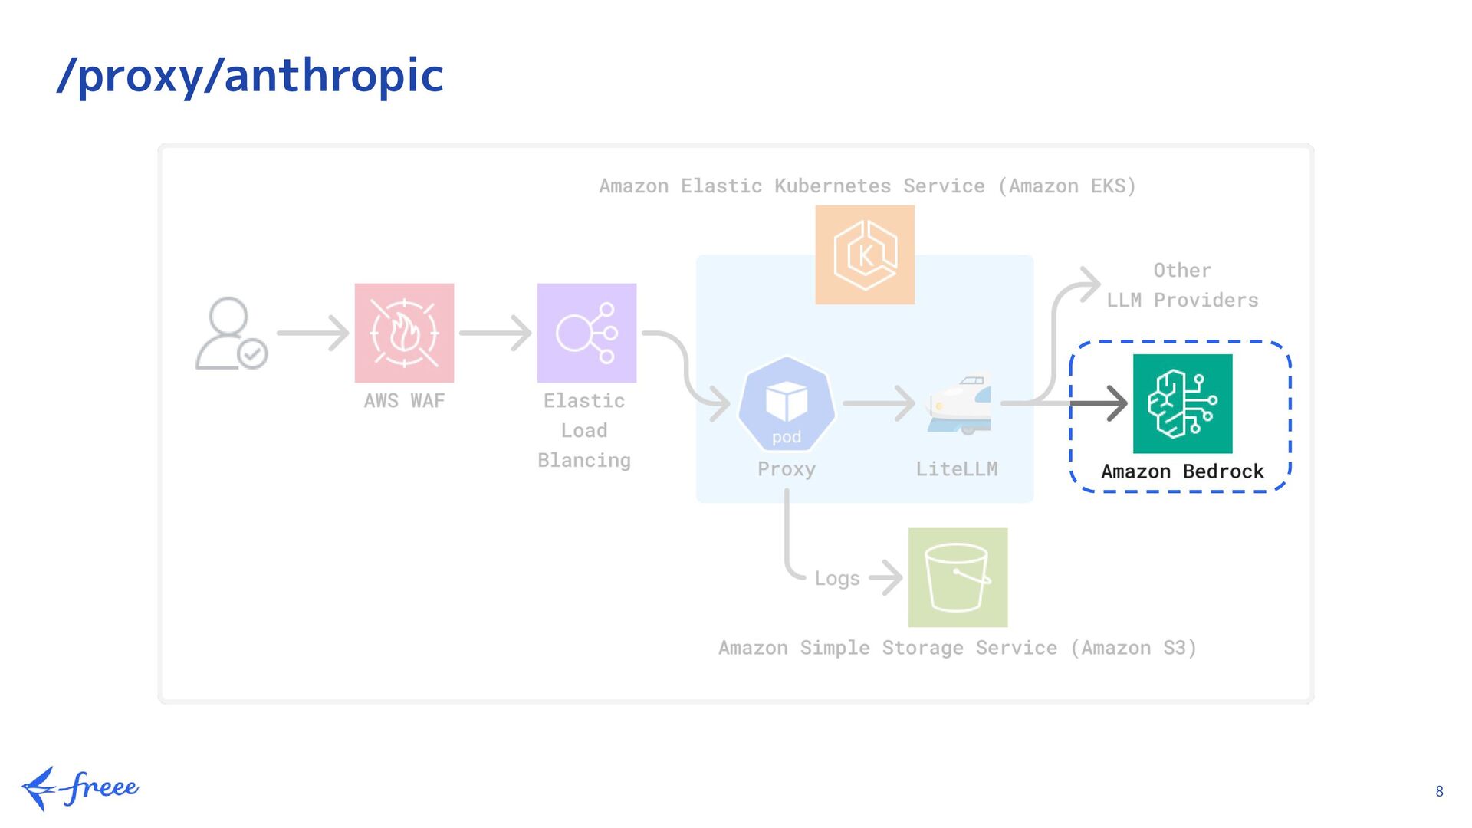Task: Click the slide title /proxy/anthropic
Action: tap(251, 76)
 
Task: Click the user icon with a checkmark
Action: tap(231, 333)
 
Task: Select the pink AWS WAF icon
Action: tap(404, 333)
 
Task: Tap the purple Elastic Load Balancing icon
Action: tap(586, 333)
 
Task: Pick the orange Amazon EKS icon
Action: tap(865, 255)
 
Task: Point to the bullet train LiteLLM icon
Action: tap(959, 403)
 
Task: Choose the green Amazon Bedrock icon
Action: tap(1182, 403)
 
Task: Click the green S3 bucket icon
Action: tap(958, 577)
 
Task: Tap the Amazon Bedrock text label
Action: tap(1182, 472)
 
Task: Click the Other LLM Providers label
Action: tap(1182, 285)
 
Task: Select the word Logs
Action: tap(836, 578)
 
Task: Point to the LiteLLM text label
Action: tap(957, 468)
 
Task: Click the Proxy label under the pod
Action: tap(787, 468)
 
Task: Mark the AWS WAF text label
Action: tap(404, 401)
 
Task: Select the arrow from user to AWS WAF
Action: tap(313, 333)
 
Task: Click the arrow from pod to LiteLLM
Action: tap(879, 403)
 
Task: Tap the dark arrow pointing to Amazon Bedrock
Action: tap(1100, 403)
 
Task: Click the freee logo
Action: tap(80, 787)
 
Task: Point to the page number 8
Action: tap(1439, 791)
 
